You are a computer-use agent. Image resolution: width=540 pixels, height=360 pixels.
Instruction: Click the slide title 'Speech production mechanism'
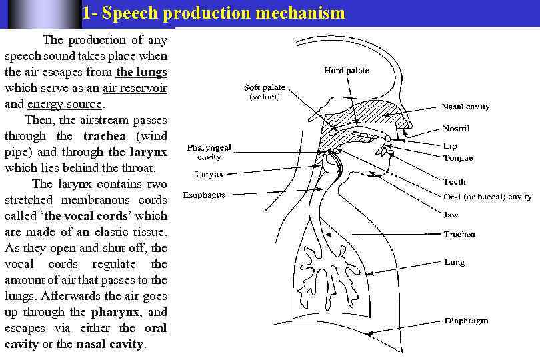point(214,13)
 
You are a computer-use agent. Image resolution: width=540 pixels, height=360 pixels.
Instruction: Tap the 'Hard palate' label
point(346,71)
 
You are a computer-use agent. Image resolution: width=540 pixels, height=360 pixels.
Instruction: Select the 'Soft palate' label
point(265,87)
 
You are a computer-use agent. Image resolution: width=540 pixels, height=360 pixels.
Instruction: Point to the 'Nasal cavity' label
point(465,107)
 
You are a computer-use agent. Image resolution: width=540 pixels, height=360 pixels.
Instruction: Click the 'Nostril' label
point(456,128)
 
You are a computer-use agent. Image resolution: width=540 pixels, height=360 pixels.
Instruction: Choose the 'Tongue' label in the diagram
point(458,158)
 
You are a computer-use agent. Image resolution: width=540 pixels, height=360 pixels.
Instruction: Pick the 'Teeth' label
point(455,181)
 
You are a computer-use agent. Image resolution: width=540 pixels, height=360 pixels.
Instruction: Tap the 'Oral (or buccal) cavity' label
point(487,197)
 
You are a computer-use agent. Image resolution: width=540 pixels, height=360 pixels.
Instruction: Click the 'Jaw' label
point(451,215)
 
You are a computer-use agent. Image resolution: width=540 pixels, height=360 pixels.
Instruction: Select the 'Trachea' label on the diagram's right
point(459,235)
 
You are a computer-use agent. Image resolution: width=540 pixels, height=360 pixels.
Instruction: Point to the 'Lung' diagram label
point(455,263)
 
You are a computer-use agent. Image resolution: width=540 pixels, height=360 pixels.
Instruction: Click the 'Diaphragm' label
point(466,321)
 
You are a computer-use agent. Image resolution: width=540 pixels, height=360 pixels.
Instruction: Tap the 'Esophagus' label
point(204,195)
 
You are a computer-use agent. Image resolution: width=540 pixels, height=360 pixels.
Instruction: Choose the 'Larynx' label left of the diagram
point(209,175)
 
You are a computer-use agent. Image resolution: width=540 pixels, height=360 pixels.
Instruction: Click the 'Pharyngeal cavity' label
point(209,152)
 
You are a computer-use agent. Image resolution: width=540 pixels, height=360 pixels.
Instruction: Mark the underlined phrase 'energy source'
point(65,104)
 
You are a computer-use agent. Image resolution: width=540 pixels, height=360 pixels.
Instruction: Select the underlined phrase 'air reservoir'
point(135,88)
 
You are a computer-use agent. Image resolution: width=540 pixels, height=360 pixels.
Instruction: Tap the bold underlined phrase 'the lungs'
point(141,72)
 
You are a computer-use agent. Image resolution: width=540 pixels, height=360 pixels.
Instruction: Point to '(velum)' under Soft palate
point(265,97)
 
